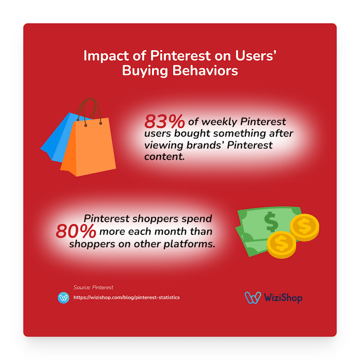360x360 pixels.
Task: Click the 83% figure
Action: click(164, 121)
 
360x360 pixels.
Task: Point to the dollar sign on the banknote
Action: click(271, 222)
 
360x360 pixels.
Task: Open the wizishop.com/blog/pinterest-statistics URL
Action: click(127, 297)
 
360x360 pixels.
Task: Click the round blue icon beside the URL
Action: click(63, 297)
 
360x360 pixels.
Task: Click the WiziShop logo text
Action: click(283, 297)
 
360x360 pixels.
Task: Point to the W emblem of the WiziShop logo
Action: click(253, 297)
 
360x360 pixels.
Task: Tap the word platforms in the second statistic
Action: click(189, 244)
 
